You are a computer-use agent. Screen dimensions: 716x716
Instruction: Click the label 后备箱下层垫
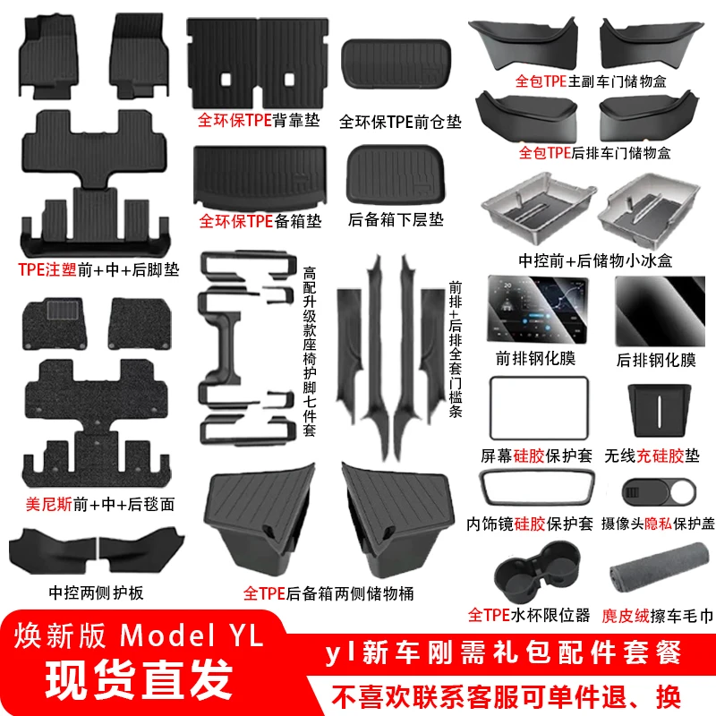pos(395,219)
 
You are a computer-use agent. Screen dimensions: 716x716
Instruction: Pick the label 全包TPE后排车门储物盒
pos(595,152)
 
